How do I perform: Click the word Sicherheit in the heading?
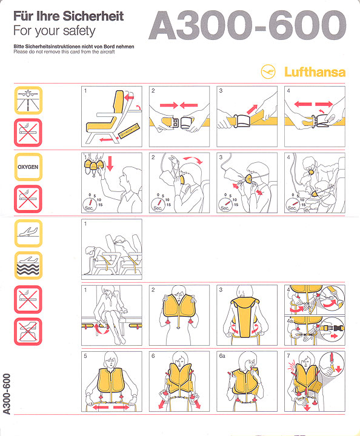tap(93, 16)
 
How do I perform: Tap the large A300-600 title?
tap(247, 25)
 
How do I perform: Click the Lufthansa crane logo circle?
tap(268, 71)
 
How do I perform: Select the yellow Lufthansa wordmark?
tap(315, 72)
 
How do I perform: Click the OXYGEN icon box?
tap(28, 167)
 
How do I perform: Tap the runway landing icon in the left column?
tap(28, 100)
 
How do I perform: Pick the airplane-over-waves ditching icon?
tap(28, 266)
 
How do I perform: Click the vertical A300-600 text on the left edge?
tap(7, 394)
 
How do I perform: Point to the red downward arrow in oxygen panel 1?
tap(110, 163)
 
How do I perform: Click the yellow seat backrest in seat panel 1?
tap(119, 102)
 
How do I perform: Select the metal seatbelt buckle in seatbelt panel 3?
tap(242, 121)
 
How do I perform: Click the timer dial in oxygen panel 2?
tap(158, 205)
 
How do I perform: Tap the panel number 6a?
tap(222, 356)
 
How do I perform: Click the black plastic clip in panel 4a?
tap(339, 328)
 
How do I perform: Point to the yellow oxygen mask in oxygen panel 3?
tap(248, 179)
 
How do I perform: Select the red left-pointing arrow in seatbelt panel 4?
tap(302, 104)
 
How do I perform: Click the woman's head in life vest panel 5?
tap(111, 360)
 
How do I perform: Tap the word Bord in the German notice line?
tap(109, 47)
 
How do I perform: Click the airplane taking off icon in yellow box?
tap(28, 233)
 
